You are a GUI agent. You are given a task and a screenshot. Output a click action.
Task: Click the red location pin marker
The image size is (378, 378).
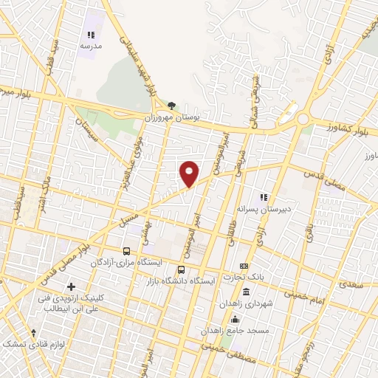190,173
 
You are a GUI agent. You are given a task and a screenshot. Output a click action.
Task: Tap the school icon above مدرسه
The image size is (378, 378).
91,35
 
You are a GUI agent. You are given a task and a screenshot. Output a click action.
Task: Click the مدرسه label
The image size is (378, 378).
91,45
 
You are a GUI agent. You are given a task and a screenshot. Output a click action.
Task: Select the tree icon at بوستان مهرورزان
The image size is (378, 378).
172,106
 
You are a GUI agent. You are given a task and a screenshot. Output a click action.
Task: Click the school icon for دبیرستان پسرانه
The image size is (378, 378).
261,198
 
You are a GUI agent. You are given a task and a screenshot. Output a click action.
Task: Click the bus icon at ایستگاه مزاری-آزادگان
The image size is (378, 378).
126,251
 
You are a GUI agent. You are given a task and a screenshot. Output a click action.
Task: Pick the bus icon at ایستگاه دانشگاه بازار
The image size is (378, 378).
182,269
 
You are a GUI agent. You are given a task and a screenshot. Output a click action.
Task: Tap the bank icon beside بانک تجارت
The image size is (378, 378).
244,266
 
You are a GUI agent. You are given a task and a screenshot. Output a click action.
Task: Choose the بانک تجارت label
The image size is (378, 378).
244,277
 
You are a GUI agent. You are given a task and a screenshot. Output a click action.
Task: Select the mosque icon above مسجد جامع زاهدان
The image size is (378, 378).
236,319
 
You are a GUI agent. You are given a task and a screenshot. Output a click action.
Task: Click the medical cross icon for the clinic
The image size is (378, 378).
71,286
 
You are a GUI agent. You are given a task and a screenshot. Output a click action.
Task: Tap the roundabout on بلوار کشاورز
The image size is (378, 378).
302,118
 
